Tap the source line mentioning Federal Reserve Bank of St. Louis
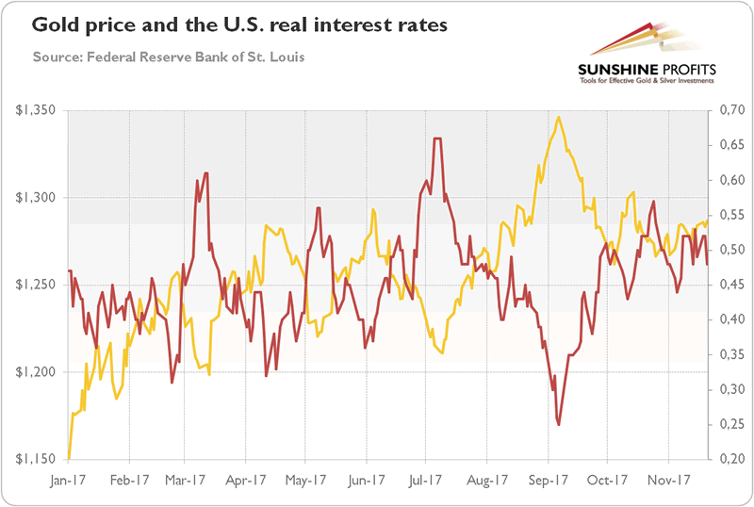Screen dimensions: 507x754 168,57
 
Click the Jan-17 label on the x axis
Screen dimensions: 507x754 70,478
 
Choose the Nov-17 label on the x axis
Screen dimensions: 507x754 667,478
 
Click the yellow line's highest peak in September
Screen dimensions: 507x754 559,117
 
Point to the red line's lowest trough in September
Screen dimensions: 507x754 559,425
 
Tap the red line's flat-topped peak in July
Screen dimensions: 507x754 437,139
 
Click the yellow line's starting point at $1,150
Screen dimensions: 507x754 69,459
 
